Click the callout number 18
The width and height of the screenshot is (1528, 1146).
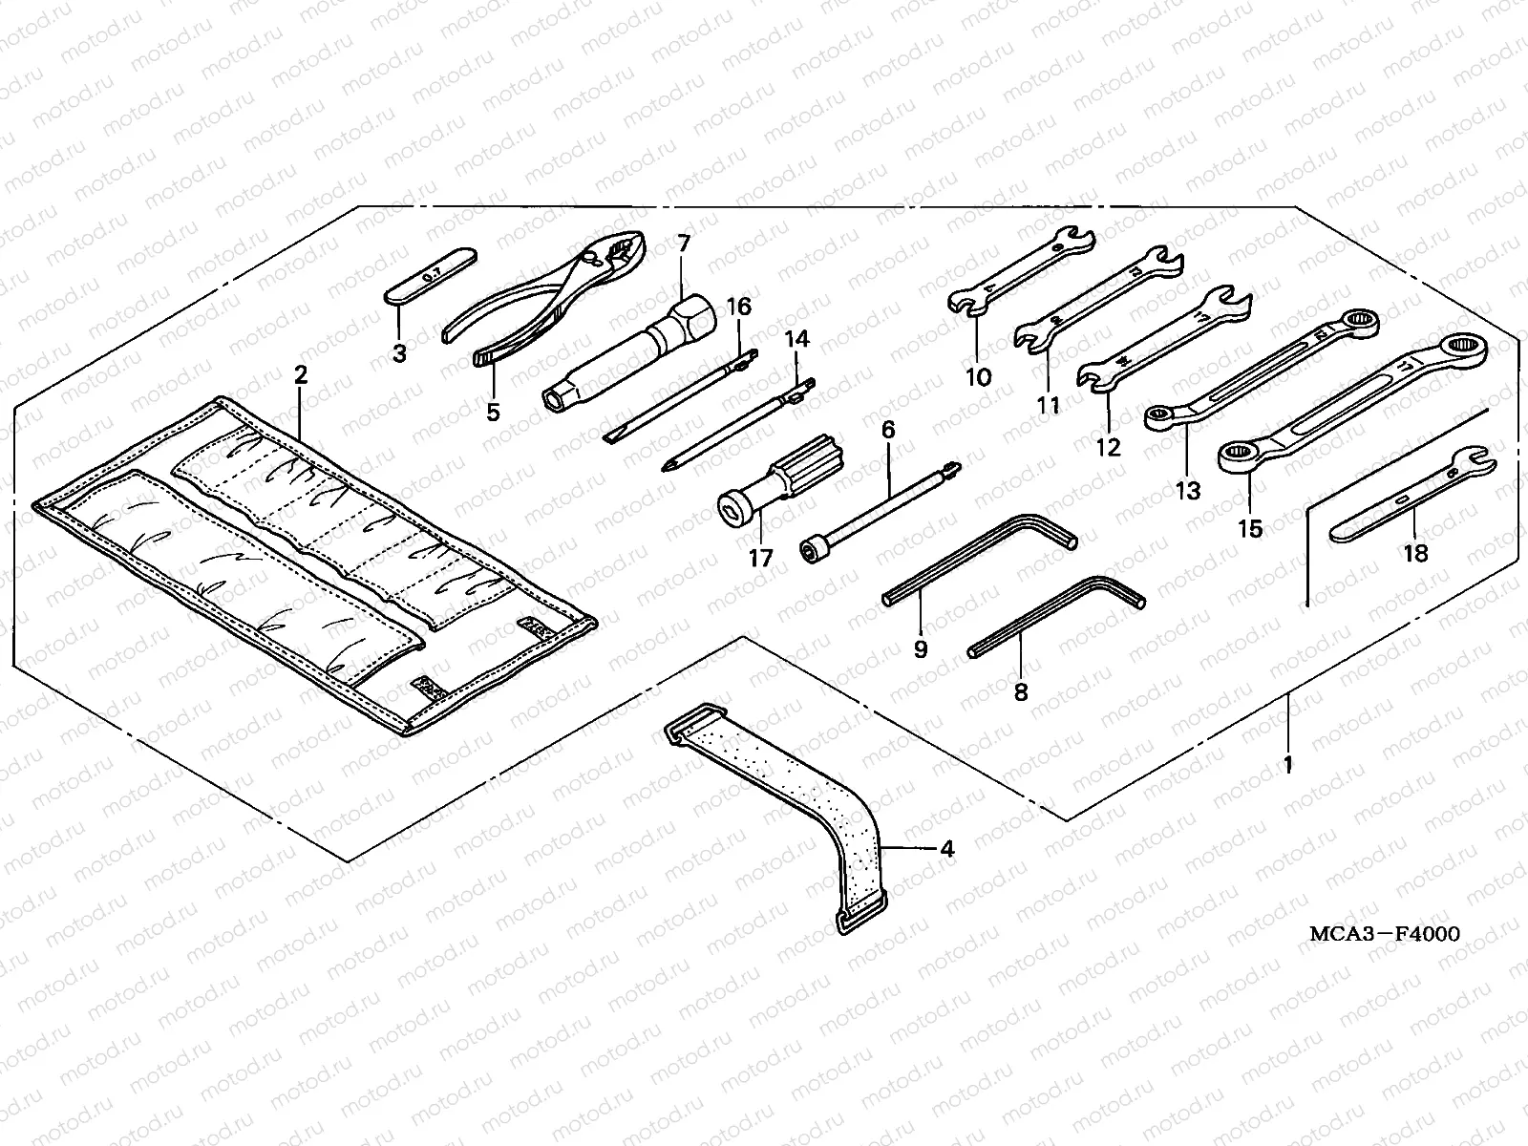point(1415,553)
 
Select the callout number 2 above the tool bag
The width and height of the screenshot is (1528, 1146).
point(301,375)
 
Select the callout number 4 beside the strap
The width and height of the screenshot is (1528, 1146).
point(945,847)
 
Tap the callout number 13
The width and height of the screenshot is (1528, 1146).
point(1187,491)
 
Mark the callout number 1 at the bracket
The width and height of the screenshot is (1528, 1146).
point(1287,764)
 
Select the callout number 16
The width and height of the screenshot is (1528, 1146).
point(739,307)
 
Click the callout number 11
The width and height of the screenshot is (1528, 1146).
point(1049,406)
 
